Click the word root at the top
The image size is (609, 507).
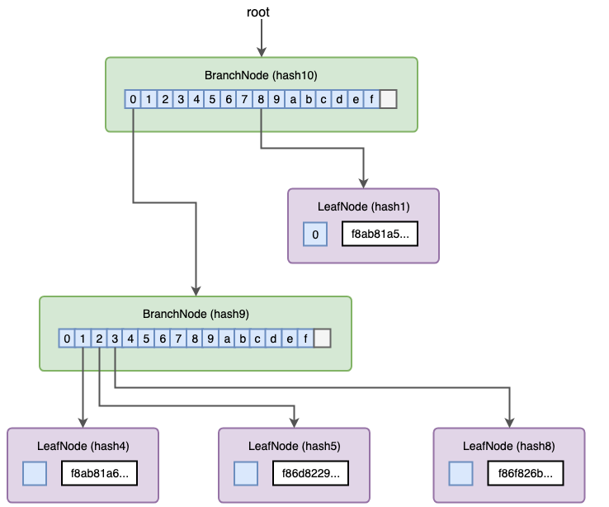(x=258, y=12)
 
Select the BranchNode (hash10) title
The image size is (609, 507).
(x=261, y=75)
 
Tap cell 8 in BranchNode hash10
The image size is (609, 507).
(x=261, y=100)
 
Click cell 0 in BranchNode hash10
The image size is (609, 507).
(x=133, y=100)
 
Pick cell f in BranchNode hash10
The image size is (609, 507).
(x=372, y=100)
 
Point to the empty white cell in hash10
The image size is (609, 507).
(x=389, y=100)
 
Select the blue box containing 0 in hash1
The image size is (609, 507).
(x=314, y=235)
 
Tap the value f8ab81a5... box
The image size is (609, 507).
(x=380, y=235)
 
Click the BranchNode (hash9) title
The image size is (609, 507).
(x=196, y=315)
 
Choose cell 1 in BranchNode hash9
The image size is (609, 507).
(x=83, y=339)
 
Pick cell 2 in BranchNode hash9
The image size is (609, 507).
(x=99, y=339)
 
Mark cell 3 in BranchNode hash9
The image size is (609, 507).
(x=115, y=339)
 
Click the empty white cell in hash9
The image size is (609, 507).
(x=323, y=339)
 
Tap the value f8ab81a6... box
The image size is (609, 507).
(x=99, y=474)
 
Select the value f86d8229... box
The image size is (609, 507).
(x=310, y=474)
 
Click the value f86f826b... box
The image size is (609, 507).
(x=526, y=474)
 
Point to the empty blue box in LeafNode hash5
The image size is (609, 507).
(x=246, y=474)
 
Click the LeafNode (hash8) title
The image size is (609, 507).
(x=508, y=446)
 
